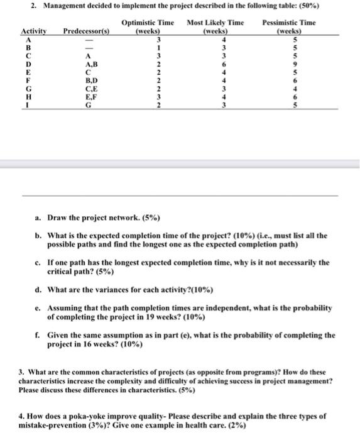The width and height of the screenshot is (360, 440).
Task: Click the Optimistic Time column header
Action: click(x=147, y=26)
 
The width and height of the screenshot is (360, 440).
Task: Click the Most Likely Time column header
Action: click(x=215, y=26)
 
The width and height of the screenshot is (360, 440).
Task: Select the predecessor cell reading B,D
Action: click(x=82, y=80)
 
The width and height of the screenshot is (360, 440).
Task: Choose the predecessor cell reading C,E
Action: click(x=82, y=89)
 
